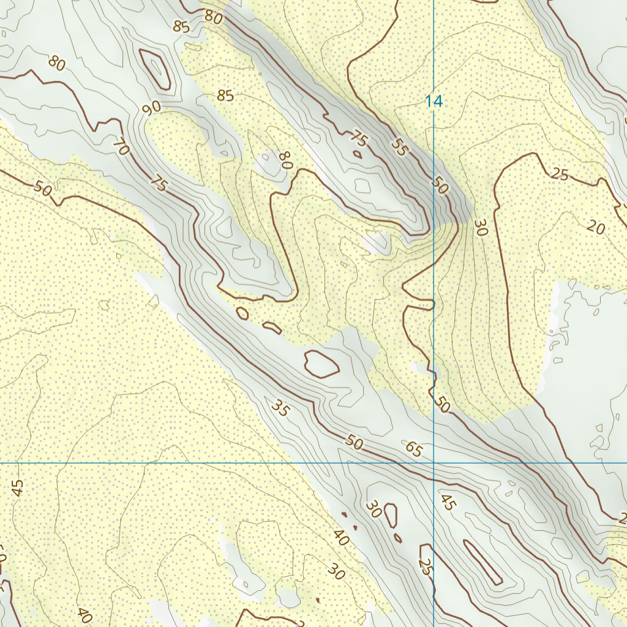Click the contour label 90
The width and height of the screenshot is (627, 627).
(x=151, y=108)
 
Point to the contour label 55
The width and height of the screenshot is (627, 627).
(x=399, y=148)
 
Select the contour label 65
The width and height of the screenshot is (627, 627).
(x=414, y=450)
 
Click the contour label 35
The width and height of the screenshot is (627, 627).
(x=279, y=408)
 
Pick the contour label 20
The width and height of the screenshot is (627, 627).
(x=595, y=228)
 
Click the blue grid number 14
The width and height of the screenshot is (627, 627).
(x=434, y=102)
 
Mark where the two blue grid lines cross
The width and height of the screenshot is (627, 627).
(x=434, y=463)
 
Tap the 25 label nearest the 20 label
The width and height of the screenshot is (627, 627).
(x=559, y=174)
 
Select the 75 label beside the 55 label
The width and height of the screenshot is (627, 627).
(x=359, y=139)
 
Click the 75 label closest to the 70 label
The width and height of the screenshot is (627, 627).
(x=159, y=184)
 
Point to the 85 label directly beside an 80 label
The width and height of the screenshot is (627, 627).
(x=181, y=26)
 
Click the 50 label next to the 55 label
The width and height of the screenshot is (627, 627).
(x=440, y=185)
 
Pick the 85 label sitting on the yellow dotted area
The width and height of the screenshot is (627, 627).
(x=225, y=96)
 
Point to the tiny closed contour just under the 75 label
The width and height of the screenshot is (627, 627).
(x=356, y=155)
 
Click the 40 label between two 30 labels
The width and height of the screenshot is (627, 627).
(x=341, y=538)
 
